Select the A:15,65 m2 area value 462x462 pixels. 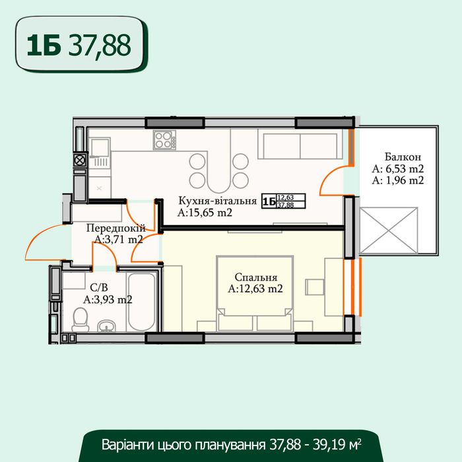point(205,213)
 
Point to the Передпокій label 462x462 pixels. point(115,228)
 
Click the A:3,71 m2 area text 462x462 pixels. point(119,239)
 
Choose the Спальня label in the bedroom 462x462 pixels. point(255,278)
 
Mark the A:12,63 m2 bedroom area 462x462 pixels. point(255,288)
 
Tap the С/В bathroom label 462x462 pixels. point(98,288)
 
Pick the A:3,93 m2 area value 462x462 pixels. point(108,299)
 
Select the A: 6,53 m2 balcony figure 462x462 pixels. point(397,169)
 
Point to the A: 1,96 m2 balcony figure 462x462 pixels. point(397,180)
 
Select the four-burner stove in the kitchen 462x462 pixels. point(163,140)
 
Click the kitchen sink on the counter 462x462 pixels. point(100,152)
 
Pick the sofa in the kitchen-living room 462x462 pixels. point(300,145)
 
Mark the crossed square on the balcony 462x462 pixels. point(390,232)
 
